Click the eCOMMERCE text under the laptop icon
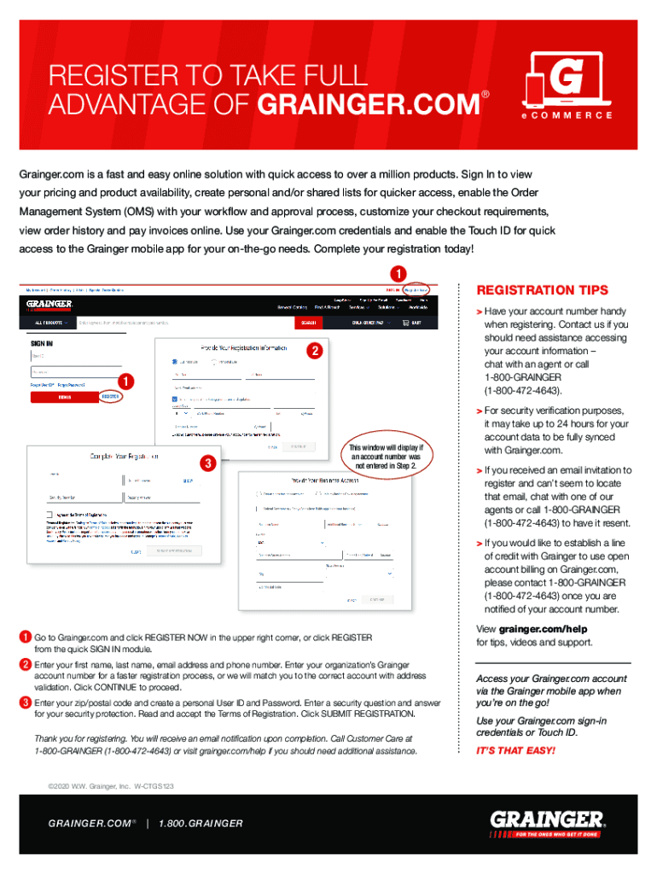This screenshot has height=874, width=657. pos(567,115)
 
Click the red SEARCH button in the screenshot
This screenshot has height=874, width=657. pos(308,323)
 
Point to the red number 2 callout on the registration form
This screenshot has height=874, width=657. pos(314,352)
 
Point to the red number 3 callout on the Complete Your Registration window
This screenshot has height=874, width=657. pos(206,463)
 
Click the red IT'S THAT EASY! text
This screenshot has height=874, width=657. pos(515,750)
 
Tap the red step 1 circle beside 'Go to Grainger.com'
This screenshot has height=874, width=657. pos(26,638)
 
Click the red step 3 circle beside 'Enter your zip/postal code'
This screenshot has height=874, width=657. pos(26,702)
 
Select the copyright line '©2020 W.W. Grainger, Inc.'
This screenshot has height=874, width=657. pos(111,784)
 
